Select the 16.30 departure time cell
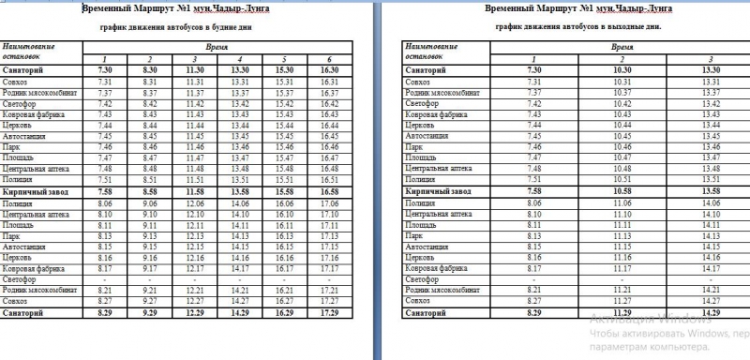(x=329, y=69)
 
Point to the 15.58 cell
(x=285, y=190)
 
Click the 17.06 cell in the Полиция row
(x=329, y=202)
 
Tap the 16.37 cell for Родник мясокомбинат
(x=329, y=93)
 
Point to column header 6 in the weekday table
(x=329, y=59)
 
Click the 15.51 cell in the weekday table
(x=285, y=178)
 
